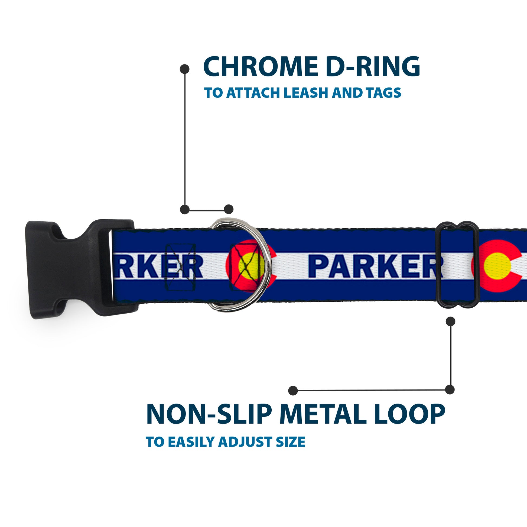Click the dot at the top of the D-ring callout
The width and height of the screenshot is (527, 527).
pyautogui.click(x=185, y=69)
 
